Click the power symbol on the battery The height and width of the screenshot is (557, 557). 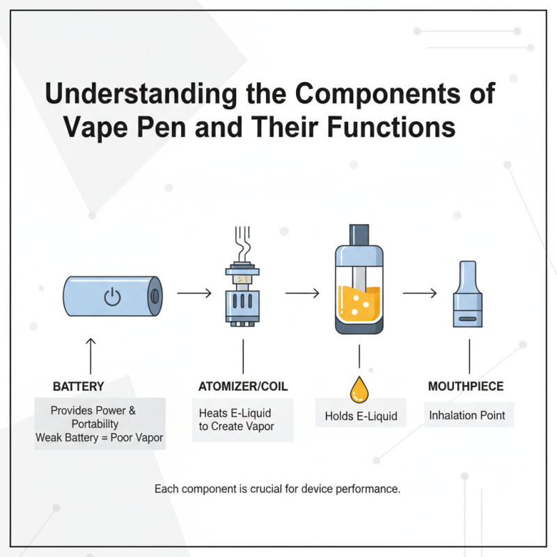click(112, 297)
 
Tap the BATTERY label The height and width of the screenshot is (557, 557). click(79, 386)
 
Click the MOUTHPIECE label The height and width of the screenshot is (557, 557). click(466, 386)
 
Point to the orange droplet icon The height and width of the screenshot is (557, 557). click(359, 390)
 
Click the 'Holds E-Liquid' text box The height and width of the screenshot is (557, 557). click(361, 416)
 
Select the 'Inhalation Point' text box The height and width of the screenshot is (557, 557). click(467, 416)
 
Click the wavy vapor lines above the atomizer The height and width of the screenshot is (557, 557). click(243, 242)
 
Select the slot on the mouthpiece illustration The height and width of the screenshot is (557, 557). click(467, 318)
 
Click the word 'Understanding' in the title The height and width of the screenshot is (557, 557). click(130, 94)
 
